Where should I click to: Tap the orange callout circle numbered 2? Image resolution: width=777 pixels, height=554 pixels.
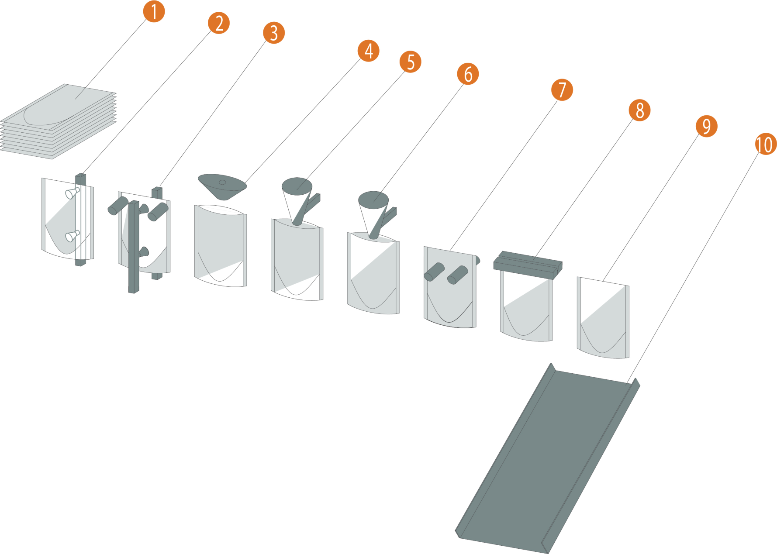(x=219, y=23)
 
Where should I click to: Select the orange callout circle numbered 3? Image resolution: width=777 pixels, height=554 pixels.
(x=274, y=33)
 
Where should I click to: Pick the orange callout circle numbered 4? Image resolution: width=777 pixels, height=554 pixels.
(x=369, y=51)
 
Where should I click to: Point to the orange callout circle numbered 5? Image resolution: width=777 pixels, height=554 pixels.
(x=411, y=62)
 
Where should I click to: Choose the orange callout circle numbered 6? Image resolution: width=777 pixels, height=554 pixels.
(x=468, y=74)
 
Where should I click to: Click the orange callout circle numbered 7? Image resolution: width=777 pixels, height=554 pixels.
(x=562, y=89)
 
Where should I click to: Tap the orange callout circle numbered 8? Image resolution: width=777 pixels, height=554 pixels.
(x=640, y=110)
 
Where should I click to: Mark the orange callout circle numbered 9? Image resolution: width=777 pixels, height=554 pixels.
(x=707, y=126)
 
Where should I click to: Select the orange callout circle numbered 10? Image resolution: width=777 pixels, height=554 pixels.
(x=766, y=144)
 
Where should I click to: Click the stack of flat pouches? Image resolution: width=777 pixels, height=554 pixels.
(x=59, y=121)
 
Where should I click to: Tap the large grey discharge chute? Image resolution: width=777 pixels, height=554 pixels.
(x=548, y=458)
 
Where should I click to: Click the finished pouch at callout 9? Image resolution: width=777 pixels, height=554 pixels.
(x=603, y=318)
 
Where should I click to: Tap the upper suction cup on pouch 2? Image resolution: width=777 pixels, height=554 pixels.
(x=72, y=193)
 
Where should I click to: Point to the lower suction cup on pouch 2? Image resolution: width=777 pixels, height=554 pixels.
(x=72, y=236)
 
